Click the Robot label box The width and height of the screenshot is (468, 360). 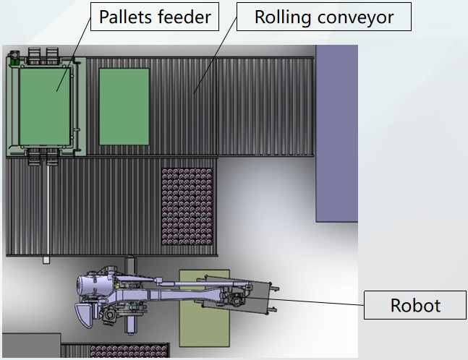click(414, 305)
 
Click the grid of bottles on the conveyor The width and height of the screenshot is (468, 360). click(186, 205)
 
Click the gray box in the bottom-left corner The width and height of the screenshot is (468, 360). click(30, 346)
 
